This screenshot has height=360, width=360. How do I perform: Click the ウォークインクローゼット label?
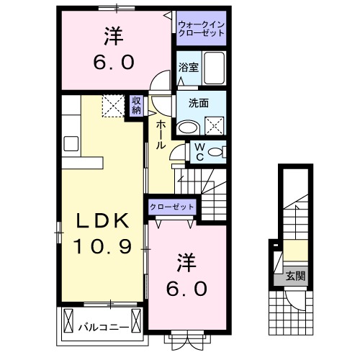202,30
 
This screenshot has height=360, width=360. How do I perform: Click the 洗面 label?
199,103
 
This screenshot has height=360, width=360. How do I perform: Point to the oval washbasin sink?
189,127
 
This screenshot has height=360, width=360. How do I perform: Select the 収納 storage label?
137,106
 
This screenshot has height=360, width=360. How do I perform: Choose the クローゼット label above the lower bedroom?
173,207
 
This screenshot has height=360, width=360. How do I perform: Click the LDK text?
101,220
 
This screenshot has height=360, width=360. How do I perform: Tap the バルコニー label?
104,327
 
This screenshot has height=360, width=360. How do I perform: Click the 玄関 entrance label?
293,275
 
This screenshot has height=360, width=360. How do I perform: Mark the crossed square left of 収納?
112,106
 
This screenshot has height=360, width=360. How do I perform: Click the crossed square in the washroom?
215,127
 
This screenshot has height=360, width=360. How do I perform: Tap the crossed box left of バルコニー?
70,318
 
